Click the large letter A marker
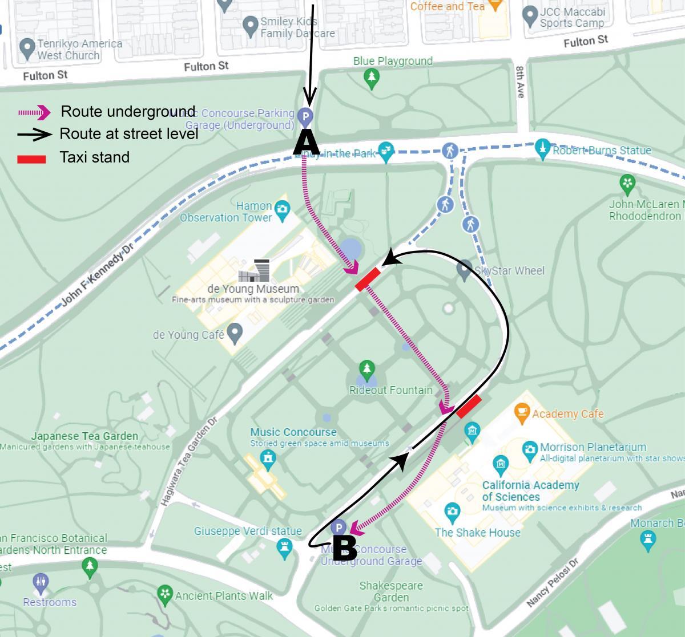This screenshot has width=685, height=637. tap(306, 142)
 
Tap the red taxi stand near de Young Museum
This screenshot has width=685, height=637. tap(368, 279)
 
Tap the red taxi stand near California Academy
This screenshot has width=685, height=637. tap(469, 407)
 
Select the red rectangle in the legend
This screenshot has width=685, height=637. tap(31, 158)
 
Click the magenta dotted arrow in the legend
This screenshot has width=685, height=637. tap(34, 113)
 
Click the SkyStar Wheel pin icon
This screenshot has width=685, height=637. tap(465, 269)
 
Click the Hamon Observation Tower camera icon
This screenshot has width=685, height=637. tap(282, 209)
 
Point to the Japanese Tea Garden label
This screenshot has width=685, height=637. tap(84, 436)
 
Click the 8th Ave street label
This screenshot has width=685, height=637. tap(520, 82)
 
